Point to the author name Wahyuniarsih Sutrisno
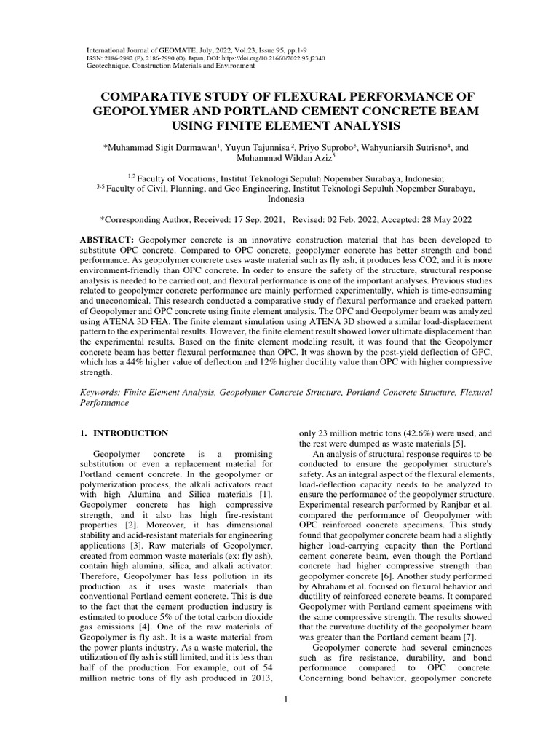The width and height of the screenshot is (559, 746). pos(405,146)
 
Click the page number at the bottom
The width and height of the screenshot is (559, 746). pos(287,700)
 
